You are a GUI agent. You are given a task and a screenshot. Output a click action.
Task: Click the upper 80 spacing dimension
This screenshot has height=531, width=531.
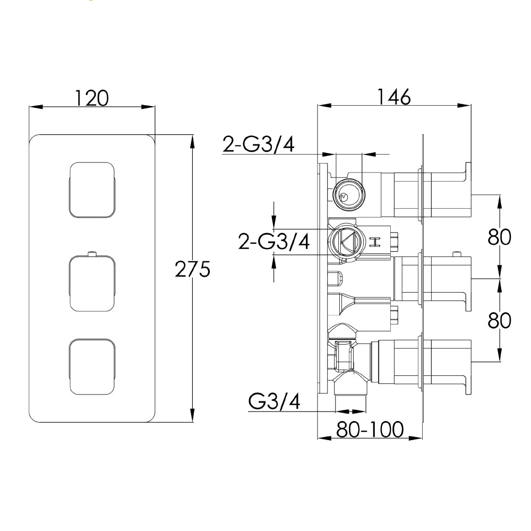[x=499, y=237]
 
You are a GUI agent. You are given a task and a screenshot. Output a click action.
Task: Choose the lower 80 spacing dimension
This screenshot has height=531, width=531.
[x=499, y=320]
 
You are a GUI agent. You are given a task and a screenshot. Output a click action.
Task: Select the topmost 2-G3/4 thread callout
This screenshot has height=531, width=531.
[x=259, y=144]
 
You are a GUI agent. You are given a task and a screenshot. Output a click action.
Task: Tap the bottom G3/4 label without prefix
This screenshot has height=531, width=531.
[x=274, y=402]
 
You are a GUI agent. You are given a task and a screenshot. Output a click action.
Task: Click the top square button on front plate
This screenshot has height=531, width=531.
[x=91, y=190]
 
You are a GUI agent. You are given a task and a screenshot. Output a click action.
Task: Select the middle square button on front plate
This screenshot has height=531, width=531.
[x=91, y=283]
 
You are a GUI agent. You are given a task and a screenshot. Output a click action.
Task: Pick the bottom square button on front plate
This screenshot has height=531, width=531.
[x=91, y=367]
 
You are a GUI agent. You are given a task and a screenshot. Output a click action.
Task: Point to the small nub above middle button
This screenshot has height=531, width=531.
[x=92, y=253]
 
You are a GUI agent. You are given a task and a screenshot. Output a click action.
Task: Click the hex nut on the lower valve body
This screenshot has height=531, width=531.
[x=344, y=356]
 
